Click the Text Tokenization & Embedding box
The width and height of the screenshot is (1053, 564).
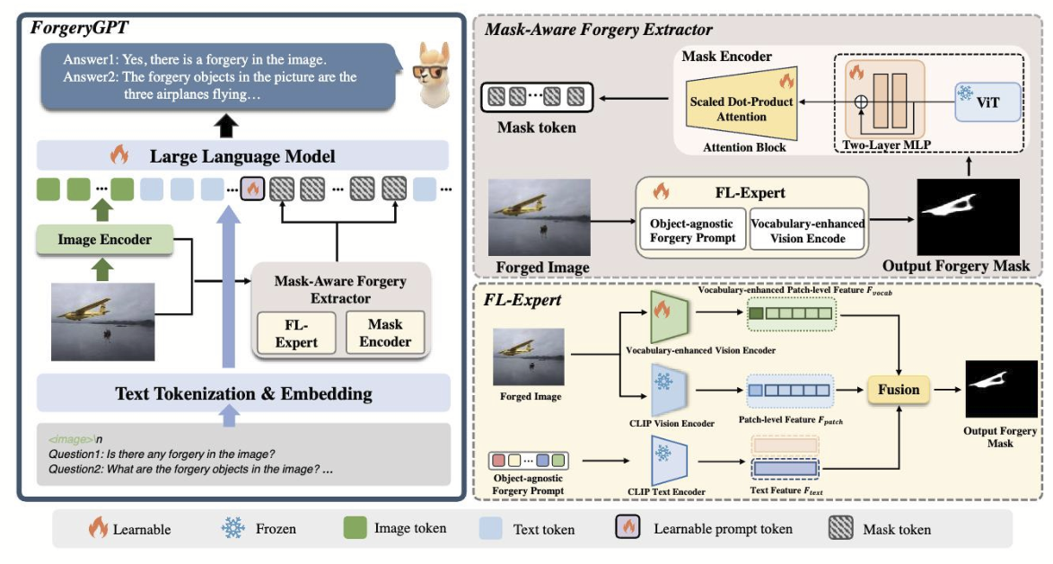[243, 393]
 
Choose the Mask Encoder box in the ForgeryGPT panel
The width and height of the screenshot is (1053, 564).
[385, 332]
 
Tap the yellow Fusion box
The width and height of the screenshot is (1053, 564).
[899, 390]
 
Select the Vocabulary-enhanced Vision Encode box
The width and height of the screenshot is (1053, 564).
[808, 230]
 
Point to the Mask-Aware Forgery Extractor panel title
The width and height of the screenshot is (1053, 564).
[599, 30]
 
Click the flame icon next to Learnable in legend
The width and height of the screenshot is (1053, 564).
[97, 528]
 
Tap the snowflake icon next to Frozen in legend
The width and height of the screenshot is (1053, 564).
[233, 528]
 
